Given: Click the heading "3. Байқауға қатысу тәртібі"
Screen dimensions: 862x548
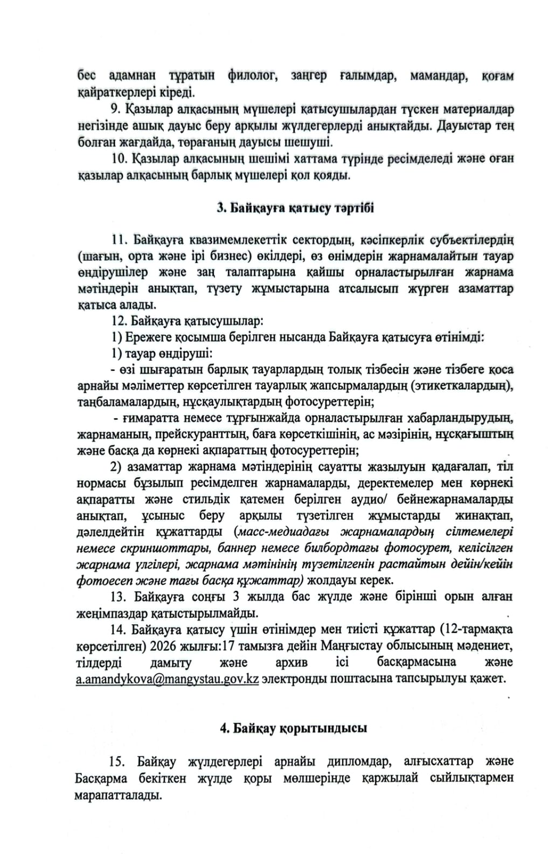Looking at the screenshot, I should point(295,208).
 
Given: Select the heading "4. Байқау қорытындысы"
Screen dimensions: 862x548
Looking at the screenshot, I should point(293,728).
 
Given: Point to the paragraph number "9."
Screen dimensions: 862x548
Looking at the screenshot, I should point(116,109).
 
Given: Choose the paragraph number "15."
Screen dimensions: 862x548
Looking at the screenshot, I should point(117,761).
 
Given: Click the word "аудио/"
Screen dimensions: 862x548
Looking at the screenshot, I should point(378,499).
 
